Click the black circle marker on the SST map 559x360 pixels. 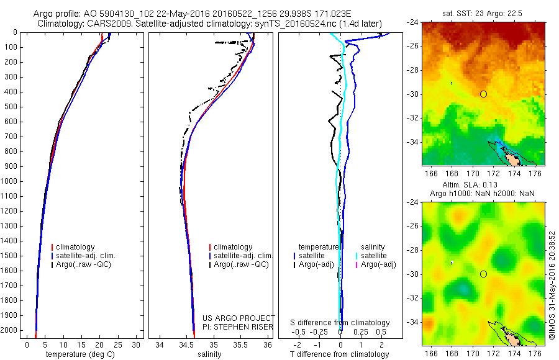pyautogui.click(x=483, y=94)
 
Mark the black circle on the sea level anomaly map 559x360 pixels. pyautogui.click(x=483, y=274)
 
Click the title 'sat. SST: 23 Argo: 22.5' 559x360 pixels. pyautogui.click(x=483, y=13)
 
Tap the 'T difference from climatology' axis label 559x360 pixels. pyautogui.click(x=340, y=354)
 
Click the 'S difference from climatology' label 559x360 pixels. pyautogui.click(x=340, y=323)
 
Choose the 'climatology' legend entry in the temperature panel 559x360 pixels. pyautogui.click(x=77, y=247)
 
